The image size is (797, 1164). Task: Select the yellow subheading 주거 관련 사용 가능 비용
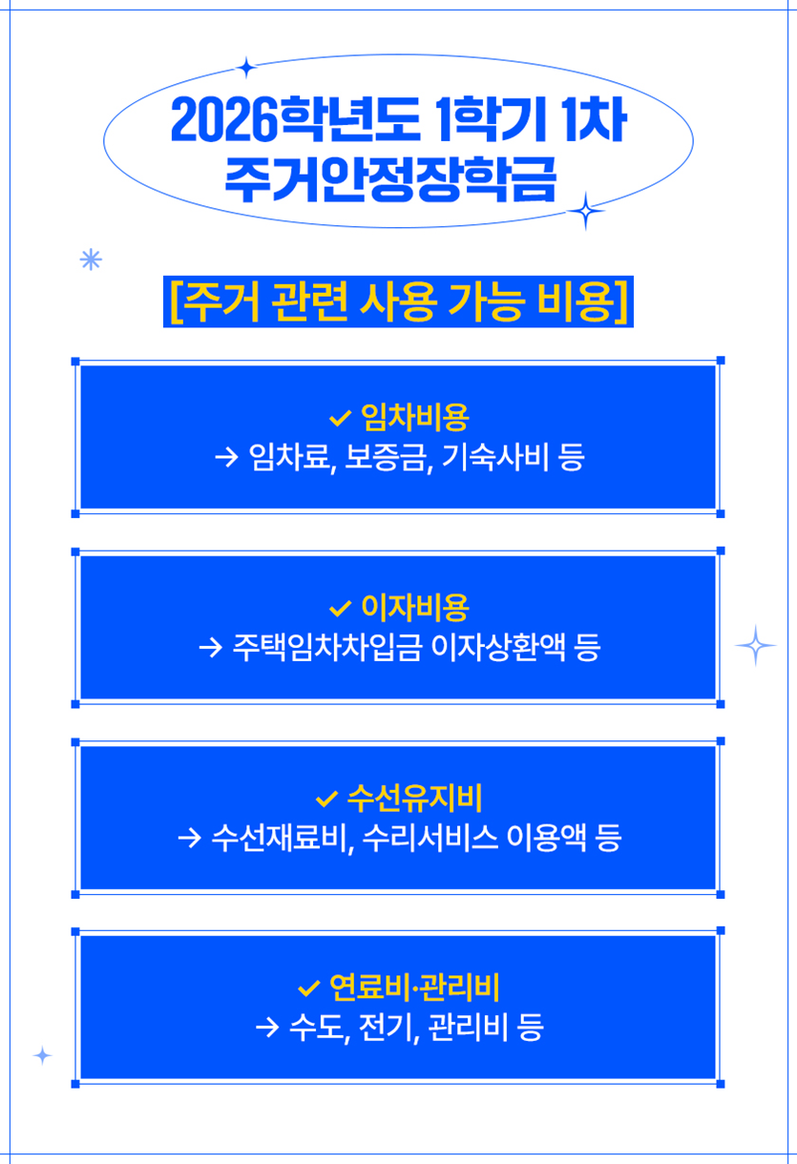[x=398, y=301]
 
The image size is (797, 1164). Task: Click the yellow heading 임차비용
[x=415, y=416]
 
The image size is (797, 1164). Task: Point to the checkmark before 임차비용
[x=340, y=418]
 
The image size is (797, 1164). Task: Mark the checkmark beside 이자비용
[x=340, y=608]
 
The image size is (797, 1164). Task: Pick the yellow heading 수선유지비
[x=415, y=795]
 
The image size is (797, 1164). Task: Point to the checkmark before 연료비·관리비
[x=309, y=986]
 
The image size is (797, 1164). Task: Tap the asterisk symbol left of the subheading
[x=91, y=260]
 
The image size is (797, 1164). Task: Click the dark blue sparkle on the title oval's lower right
[x=586, y=210]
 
